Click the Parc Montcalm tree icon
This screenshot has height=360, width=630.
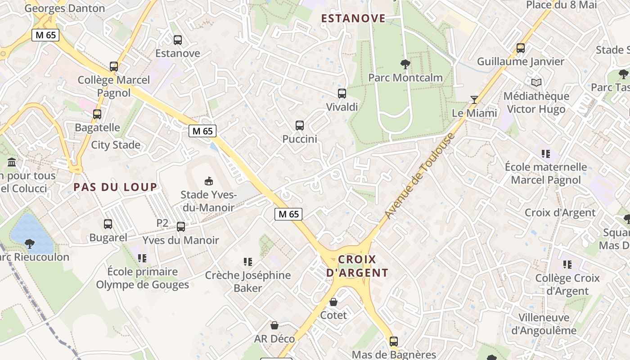pyautogui.click(x=405, y=64)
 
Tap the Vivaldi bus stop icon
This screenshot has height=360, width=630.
pyautogui.click(x=342, y=94)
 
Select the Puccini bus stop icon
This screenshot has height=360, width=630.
pyautogui.click(x=300, y=126)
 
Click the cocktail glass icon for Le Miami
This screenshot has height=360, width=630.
pyautogui.click(x=474, y=99)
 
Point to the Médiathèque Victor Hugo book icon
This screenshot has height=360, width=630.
pyautogui.click(x=536, y=83)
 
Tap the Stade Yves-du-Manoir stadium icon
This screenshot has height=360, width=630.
pyautogui.click(x=208, y=181)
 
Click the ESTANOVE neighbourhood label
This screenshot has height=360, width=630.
pyautogui.click(x=353, y=18)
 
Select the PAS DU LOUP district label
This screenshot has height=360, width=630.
pyautogui.click(x=116, y=187)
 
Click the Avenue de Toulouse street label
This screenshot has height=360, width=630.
pyautogui.click(x=418, y=176)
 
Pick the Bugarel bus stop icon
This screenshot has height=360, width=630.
pyautogui.click(x=108, y=224)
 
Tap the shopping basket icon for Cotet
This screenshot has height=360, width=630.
pyautogui.click(x=333, y=302)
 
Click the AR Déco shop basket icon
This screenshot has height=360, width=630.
pyautogui.click(x=274, y=325)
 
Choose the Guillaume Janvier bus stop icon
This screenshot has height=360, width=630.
pyautogui.click(x=521, y=48)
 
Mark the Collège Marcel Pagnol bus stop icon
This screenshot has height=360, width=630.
pyautogui.click(x=114, y=67)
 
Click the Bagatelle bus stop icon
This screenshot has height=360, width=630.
pyautogui.click(x=97, y=114)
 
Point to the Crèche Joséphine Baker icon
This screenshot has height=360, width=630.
pyautogui.click(x=247, y=261)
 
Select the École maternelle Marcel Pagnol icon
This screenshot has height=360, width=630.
pyautogui.click(x=546, y=154)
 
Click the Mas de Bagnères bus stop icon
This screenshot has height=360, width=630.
pyautogui.click(x=394, y=342)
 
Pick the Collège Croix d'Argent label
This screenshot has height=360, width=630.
pyautogui.click(x=567, y=284)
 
